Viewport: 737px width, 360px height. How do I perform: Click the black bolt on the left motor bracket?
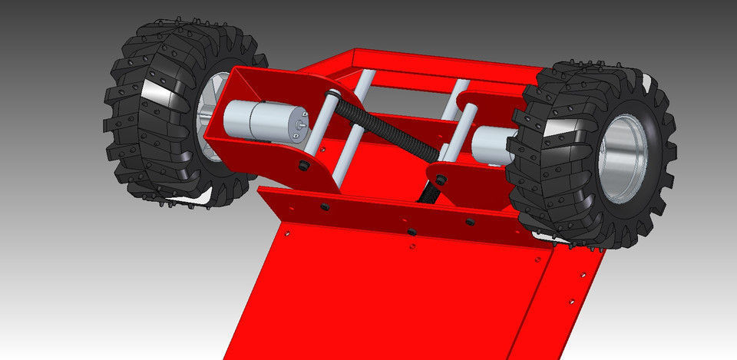(306, 166)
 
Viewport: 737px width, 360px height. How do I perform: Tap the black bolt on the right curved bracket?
(440, 180)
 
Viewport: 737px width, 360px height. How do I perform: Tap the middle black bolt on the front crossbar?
(411, 230)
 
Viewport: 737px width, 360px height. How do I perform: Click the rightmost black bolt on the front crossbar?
(470, 221)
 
